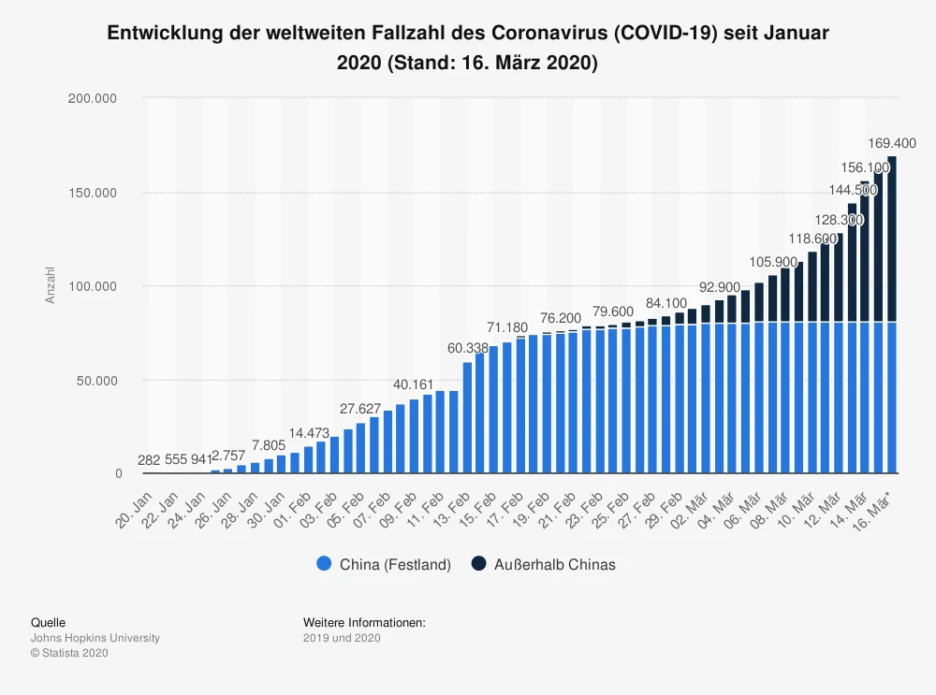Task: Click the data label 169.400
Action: pyautogui.click(x=891, y=143)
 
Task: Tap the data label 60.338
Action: pyautogui.click(x=468, y=348)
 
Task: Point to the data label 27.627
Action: pyautogui.click(x=361, y=409)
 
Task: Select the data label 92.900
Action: pyautogui.click(x=720, y=286)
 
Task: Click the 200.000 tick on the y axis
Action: pyautogui.click(x=98, y=98)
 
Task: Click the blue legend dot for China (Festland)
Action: pyautogui.click(x=324, y=564)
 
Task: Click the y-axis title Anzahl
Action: pyautogui.click(x=51, y=284)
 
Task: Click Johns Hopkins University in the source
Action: pyautogui.click(x=95, y=638)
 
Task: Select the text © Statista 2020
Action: pyautogui.click(x=70, y=653)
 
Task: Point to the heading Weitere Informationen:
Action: pyautogui.click(x=364, y=622)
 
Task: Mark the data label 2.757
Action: pyautogui.click(x=229, y=456)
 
